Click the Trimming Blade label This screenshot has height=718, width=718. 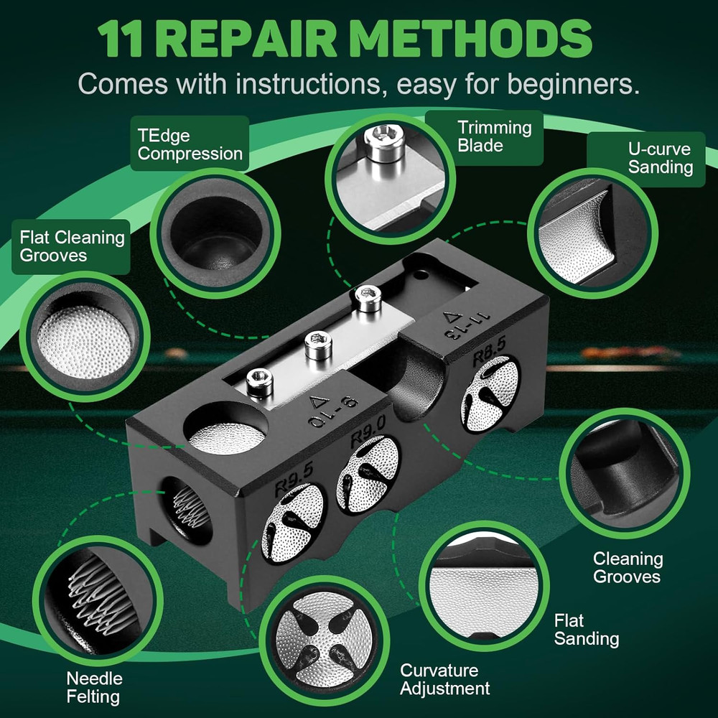click(495, 136)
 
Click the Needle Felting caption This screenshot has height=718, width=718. click(94, 687)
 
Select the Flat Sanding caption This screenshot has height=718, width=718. click(587, 630)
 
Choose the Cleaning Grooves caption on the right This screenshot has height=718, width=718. click(628, 567)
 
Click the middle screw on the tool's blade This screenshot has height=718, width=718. click(314, 347)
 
